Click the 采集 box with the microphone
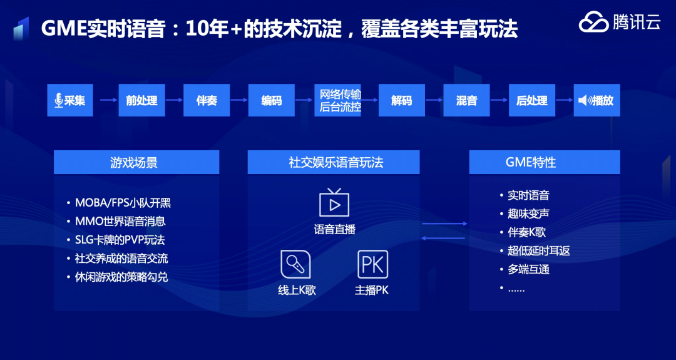[x=70, y=100]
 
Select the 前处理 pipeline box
[x=141, y=100]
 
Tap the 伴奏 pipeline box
[x=207, y=100]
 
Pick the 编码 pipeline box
[x=272, y=100]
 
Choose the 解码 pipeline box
[x=401, y=100]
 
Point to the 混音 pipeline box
[x=466, y=100]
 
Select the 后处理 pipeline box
[x=531, y=100]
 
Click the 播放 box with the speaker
[x=597, y=100]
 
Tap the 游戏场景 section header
[x=136, y=162]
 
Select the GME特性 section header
[x=544, y=162]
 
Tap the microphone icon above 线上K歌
[x=295, y=264]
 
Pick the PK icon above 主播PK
[x=372, y=264]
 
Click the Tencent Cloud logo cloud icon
[x=593, y=23]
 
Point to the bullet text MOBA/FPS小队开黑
[x=123, y=202]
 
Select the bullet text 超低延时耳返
[x=538, y=251]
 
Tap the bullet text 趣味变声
[x=528, y=213]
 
